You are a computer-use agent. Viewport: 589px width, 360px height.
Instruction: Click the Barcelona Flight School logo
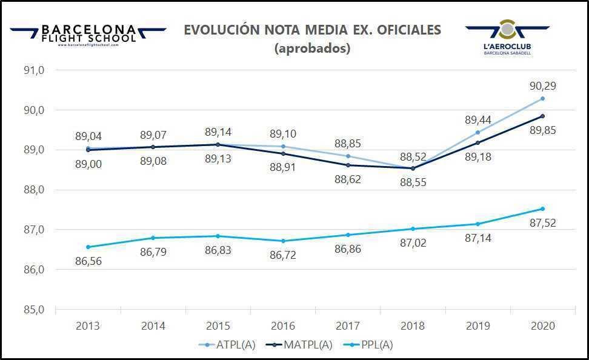point(88,35)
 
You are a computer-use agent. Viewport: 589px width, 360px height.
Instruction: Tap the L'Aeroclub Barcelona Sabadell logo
point(508,38)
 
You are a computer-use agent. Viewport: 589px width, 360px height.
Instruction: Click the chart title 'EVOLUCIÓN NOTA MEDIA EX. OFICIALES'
point(312,30)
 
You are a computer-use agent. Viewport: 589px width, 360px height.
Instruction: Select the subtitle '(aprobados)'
point(312,48)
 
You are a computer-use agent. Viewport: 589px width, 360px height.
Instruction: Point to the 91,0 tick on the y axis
point(34,70)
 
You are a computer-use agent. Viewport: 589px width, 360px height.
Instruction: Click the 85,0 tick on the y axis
point(34,310)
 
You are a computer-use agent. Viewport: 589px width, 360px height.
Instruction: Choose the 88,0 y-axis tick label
point(34,190)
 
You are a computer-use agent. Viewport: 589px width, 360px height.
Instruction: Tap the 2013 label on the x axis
point(88,326)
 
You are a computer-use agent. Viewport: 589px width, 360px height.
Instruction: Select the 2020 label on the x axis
point(542,326)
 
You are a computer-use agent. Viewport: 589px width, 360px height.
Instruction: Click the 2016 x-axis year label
point(283,326)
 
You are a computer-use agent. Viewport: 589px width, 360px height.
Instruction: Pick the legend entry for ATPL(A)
point(227,345)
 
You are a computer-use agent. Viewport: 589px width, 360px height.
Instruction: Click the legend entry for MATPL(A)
point(302,345)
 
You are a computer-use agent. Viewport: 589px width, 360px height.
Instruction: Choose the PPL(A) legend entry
point(372,345)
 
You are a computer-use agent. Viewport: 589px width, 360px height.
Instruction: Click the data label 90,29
point(543,86)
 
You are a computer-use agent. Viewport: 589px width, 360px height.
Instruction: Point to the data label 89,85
point(543,130)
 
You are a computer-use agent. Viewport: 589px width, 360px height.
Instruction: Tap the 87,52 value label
point(543,223)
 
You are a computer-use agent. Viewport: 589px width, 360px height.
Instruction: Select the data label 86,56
point(88,261)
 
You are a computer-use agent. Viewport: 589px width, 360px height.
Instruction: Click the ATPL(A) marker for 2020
point(542,98)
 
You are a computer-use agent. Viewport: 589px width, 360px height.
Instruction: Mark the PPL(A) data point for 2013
point(88,247)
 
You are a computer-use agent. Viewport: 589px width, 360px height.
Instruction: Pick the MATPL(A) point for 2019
point(478,143)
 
